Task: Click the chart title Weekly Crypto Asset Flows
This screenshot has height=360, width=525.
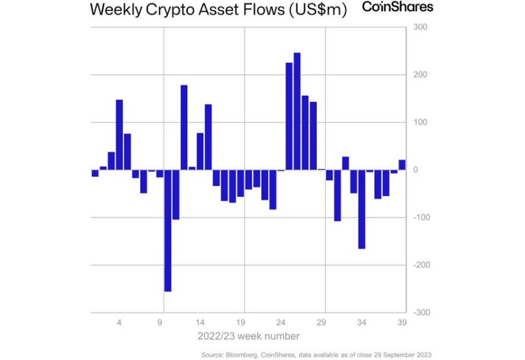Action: pyautogui.click(x=218, y=10)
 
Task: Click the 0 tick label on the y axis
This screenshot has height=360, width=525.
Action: pyautogui.click(x=415, y=170)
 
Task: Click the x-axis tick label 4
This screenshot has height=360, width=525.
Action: pyautogui.click(x=119, y=322)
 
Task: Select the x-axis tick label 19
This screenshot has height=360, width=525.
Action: pyautogui.click(x=241, y=322)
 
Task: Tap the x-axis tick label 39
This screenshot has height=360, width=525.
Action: pyautogui.click(x=402, y=322)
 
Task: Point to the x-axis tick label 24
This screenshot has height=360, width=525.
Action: pyautogui.click(x=281, y=322)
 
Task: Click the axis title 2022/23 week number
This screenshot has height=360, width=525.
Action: pyautogui.click(x=248, y=336)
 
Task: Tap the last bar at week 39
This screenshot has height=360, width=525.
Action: pyautogui.click(x=402, y=165)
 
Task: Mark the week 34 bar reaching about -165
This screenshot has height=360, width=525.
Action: pyautogui.click(x=362, y=209)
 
